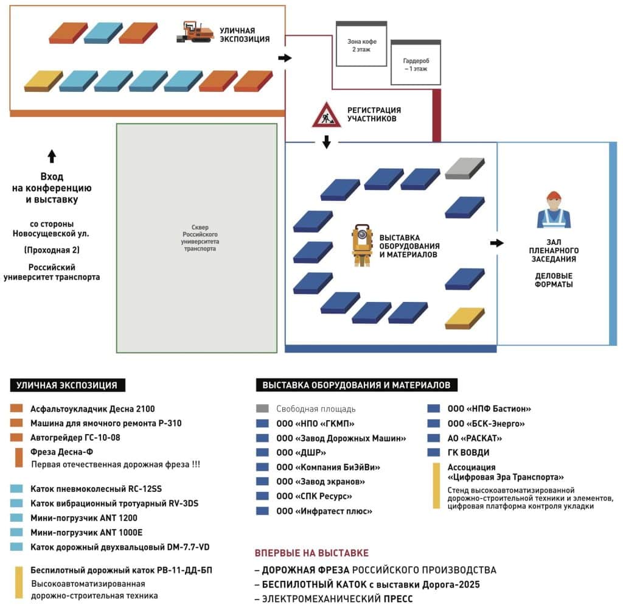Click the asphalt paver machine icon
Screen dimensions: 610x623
click(195, 32)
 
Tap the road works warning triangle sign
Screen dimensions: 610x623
click(327, 114)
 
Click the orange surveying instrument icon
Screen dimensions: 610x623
click(361, 245)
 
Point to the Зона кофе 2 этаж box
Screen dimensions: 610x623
click(361, 45)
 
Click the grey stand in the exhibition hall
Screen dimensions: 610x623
click(464, 168)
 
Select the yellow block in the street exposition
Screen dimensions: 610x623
click(43, 80)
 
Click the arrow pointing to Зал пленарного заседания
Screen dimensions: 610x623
click(497, 243)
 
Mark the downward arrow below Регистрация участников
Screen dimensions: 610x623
click(326, 142)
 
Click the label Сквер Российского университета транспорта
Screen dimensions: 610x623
click(201, 242)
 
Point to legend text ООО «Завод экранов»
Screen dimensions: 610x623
click(321, 482)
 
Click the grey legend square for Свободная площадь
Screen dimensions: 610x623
click(263, 409)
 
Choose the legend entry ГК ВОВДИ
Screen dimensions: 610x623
click(468, 452)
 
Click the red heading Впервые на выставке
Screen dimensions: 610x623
click(311, 553)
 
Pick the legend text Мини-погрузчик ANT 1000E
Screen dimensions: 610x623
click(84, 533)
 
